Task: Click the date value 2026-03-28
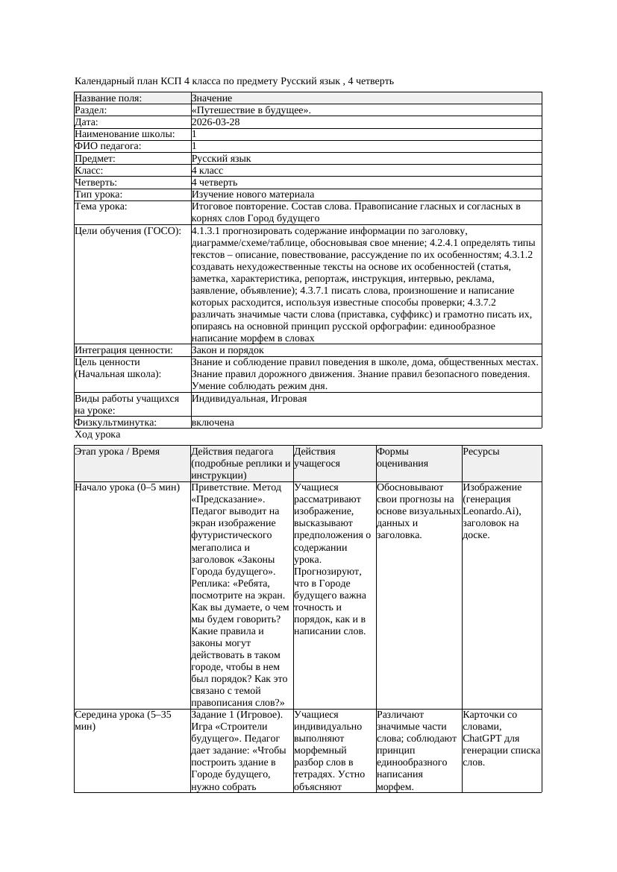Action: [216, 122]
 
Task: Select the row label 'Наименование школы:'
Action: [125, 134]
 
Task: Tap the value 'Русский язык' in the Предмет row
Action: [221, 159]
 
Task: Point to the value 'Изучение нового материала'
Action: [252, 195]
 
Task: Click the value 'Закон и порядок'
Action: [228, 350]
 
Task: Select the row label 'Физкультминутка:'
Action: [116, 423]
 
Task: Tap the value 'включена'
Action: [213, 423]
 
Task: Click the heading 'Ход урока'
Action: [98, 435]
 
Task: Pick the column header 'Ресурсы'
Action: [481, 452]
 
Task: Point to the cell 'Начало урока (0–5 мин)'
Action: [127, 487]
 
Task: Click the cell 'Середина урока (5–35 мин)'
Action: [123, 721]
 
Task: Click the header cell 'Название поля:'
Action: [108, 98]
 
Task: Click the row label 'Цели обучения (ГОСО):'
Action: [128, 231]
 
